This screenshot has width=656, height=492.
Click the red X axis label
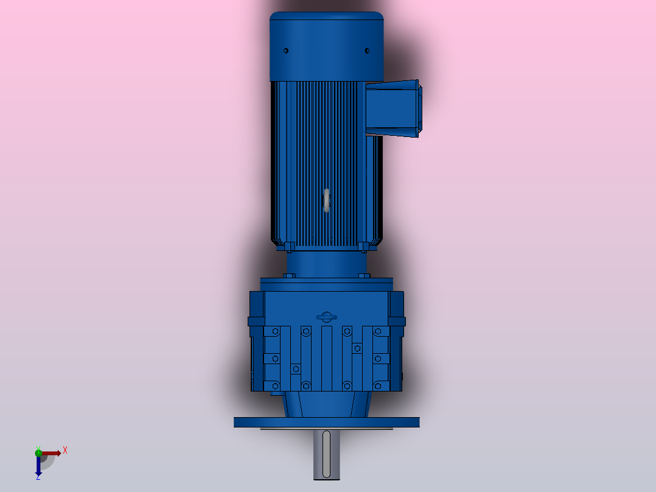pos(65,450)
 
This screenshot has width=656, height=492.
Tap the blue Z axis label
pos(38,478)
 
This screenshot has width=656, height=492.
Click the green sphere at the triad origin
pos(38,452)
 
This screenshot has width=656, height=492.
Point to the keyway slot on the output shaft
pos(327,454)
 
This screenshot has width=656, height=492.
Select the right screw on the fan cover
pos(367,51)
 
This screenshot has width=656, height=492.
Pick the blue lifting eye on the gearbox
pos(327,317)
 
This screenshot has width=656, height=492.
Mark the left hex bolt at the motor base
pos(289,247)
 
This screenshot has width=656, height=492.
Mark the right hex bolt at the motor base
pos(364,247)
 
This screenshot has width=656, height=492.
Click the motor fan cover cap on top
pos(327,46)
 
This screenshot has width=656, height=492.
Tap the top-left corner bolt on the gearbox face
pos(276,331)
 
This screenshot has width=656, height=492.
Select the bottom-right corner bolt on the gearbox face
pos(378,385)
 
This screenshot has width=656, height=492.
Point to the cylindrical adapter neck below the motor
pos(327,263)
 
